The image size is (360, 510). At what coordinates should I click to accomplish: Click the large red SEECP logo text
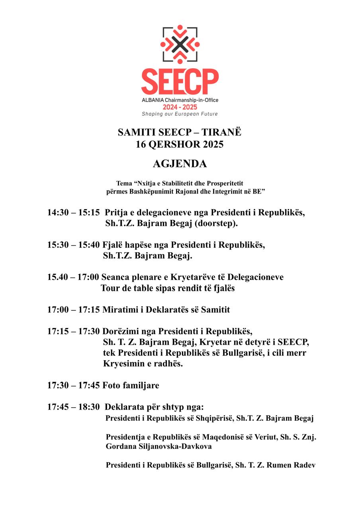click(x=180, y=81)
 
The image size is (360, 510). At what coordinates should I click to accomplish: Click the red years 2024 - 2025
click(x=180, y=107)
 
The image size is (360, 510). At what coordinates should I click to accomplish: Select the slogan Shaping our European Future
click(x=180, y=114)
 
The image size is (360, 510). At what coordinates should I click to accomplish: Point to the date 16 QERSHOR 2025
click(x=180, y=144)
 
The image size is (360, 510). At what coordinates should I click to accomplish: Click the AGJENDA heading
click(x=180, y=164)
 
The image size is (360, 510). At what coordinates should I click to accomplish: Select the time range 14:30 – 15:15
click(x=73, y=212)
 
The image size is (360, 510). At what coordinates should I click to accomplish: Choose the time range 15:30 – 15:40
click(x=73, y=245)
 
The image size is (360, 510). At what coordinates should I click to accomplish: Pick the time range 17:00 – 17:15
click(x=73, y=309)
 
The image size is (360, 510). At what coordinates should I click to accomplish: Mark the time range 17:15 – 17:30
click(x=73, y=331)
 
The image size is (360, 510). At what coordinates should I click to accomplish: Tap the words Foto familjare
click(x=131, y=385)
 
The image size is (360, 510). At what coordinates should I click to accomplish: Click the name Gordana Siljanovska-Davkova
click(x=158, y=447)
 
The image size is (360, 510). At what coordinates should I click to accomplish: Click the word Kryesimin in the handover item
click(x=122, y=364)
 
